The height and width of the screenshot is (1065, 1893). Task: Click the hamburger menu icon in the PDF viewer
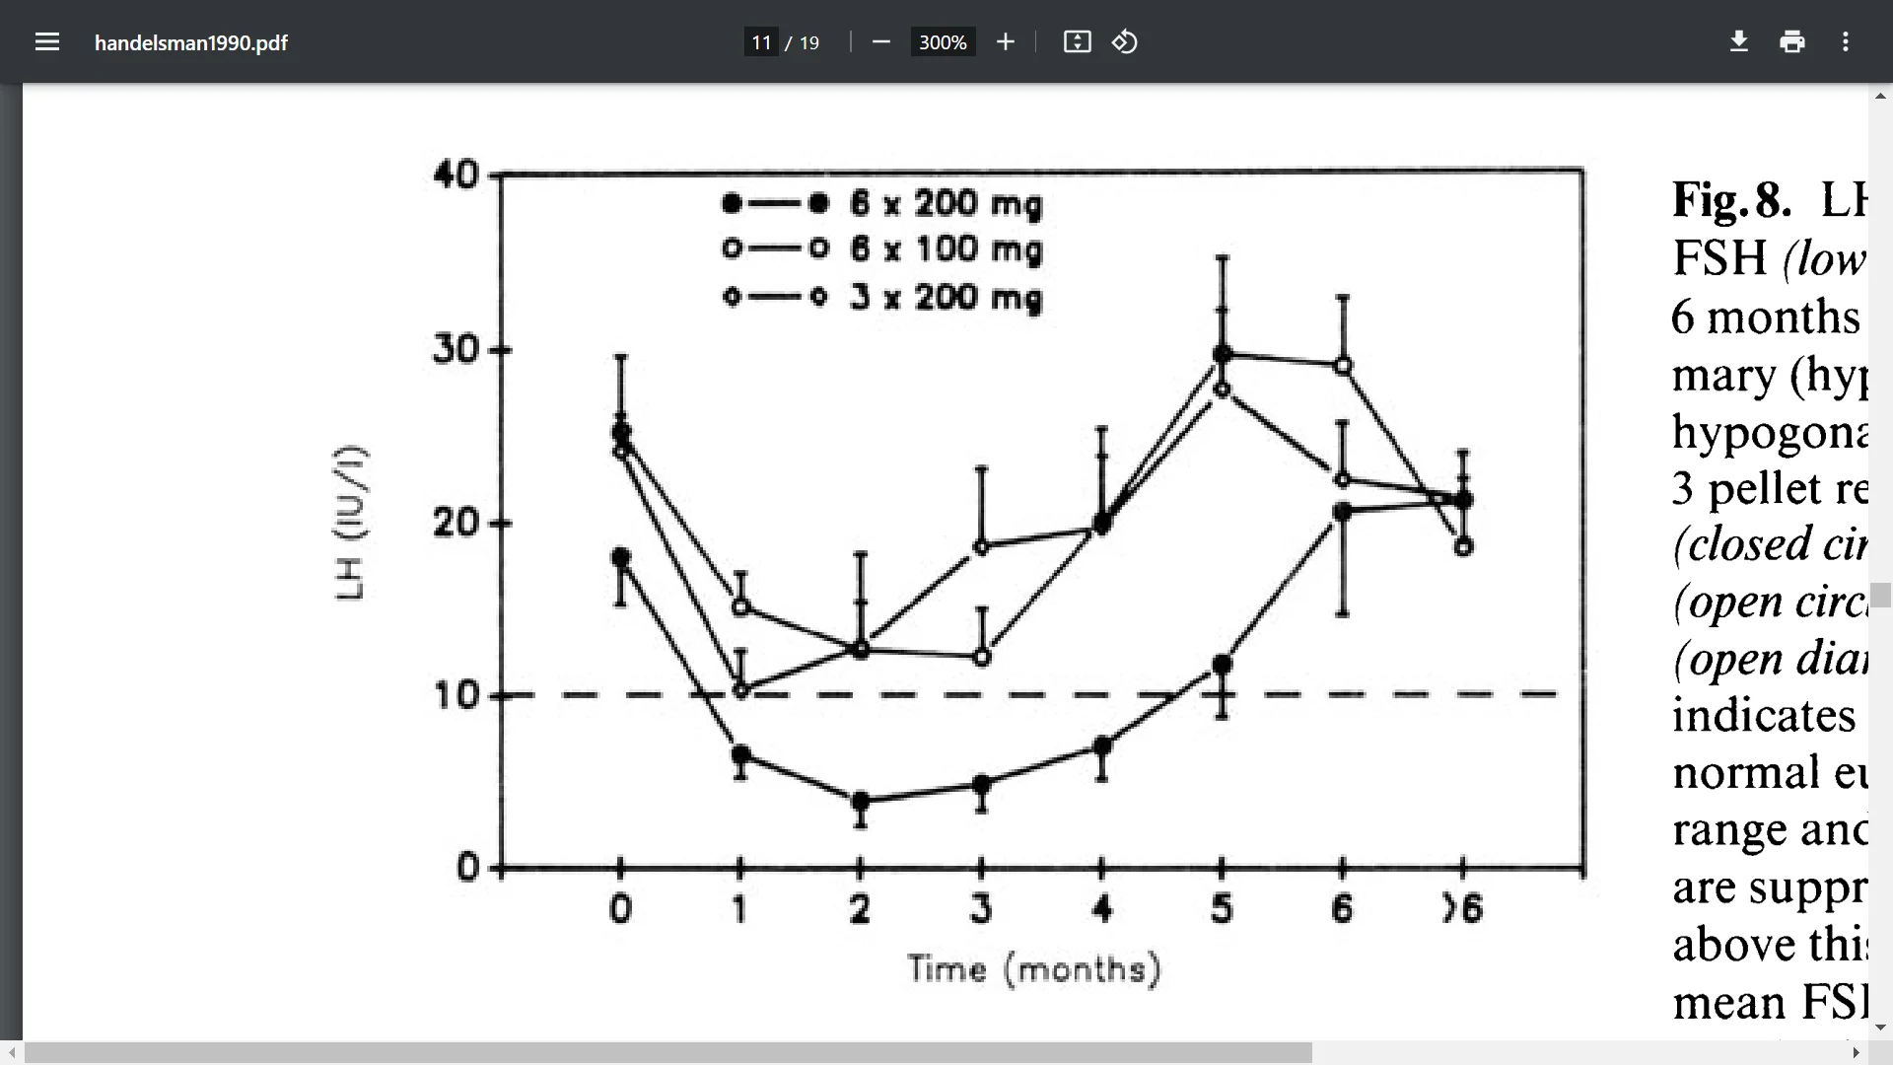(x=47, y=41)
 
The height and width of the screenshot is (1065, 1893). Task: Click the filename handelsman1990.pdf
(x=190, y=42)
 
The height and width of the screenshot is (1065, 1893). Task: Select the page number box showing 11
(x=761, y=42)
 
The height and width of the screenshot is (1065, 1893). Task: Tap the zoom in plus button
(x=1005, y=41)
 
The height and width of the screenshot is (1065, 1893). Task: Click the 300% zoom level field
(x=942, y=42)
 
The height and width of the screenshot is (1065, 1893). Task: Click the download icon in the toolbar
(x=1739, y=41)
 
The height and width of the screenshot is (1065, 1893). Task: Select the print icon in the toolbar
(x=1791, y=41)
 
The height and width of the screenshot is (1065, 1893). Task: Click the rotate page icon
(x=1125, y=41)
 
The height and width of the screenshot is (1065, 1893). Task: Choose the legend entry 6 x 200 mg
(x=945, y=204)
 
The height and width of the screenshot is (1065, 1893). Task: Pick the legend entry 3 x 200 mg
(x=945, y=297)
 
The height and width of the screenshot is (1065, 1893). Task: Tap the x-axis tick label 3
(x=980, y=907)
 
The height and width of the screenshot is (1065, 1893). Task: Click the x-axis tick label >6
(x=1462, y=907)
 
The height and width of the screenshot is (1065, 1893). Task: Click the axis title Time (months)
(x=1033, y=969)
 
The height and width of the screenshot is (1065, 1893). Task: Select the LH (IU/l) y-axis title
(x=351, y=523)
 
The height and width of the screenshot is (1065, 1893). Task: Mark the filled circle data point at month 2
(x=861, y=801)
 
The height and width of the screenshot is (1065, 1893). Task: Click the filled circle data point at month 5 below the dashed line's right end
(x=1222, y=665)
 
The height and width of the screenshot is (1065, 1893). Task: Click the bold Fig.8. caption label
(x=1730, y=200)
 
